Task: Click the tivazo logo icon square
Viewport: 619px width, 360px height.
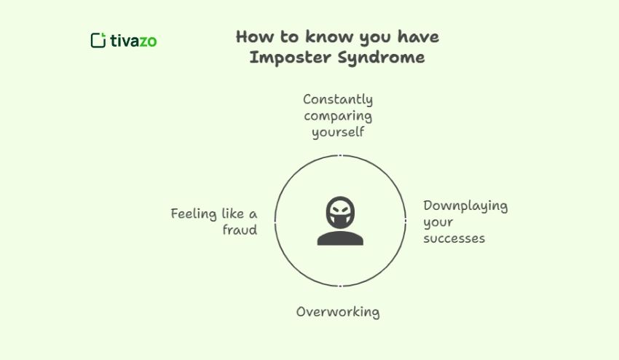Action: pos(98,40)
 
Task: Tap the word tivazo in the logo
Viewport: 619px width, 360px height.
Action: pos(133,40)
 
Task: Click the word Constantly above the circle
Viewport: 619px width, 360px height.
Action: pos(338,99)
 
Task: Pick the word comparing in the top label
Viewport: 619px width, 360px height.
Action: pos(338,116)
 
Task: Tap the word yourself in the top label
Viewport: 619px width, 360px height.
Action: pos(338,133)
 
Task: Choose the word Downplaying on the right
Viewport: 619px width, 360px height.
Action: pos(465,206)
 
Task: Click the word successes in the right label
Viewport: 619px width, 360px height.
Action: pos(454,238)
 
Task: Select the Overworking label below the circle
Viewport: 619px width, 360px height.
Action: pos(338,312)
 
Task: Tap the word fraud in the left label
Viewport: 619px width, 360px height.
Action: pos(240,230)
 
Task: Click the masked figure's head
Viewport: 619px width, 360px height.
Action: pos(340,211)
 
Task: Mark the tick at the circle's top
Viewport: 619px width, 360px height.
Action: pos(340,155)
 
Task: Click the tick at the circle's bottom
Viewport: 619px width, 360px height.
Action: pos(340,286)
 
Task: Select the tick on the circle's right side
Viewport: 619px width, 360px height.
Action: pos(405,220)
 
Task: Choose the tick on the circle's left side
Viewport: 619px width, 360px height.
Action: pos(275,220)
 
